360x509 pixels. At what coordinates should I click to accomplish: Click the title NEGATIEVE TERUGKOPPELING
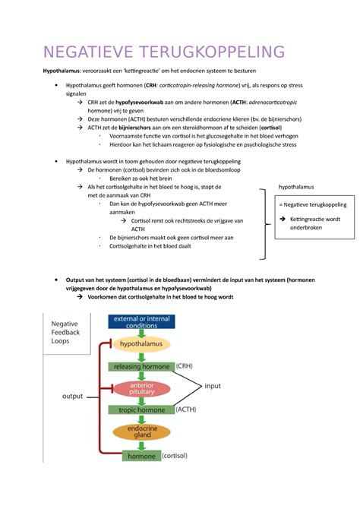pos(164,52)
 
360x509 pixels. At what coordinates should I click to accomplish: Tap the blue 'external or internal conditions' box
pos(142,322)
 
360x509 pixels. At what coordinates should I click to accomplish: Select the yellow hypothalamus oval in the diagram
pos(142,344)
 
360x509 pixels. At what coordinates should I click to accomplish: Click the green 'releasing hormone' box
pos(142,366)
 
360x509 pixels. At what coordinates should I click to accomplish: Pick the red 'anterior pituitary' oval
pos(142,388)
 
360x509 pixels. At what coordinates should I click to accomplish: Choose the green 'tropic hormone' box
pos(142,410)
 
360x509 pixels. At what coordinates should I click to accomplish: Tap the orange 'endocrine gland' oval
pos(142,432)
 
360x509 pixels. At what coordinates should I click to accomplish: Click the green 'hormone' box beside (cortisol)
pos(141,456)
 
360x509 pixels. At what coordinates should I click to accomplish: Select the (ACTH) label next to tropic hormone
pos(188,410)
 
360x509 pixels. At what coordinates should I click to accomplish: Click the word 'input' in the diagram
pos(213,387)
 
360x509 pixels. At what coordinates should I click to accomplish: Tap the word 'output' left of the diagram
pos(72,396)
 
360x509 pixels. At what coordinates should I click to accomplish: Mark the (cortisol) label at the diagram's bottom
pos(175,456)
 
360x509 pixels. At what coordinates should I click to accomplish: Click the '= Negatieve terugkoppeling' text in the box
pos(312,204)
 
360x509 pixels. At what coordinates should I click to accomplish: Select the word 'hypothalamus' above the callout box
pos(296,186)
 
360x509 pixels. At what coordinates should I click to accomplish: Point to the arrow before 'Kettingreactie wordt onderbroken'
pos(283,220)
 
